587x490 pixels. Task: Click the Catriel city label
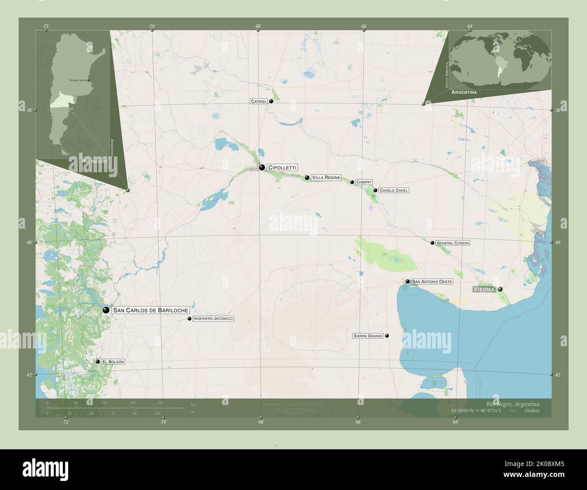tap(259, 102)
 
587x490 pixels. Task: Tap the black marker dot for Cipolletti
tap(262, 168)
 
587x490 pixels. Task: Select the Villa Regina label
tap(326, 178)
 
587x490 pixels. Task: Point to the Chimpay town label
tap(363, 182)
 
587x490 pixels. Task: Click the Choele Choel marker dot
tap(375, 190)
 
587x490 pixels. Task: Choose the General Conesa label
tap(452, 243)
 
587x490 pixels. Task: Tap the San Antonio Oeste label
tap(432, 282)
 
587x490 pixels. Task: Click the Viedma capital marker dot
tap(500, 289)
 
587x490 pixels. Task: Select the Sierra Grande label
tap(368, 336)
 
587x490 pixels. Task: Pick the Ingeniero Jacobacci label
tap(213, 319)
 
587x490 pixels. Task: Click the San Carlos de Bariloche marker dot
tap(106, 310)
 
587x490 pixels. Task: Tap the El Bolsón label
tap(113, 362)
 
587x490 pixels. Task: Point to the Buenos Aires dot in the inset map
tap(89, 80)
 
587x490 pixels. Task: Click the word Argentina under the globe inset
tap(464, 92)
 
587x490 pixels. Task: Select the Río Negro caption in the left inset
tap(94, 161)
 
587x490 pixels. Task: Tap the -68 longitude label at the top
tap(257, 27)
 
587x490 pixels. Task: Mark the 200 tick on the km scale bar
tap(160, 402)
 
